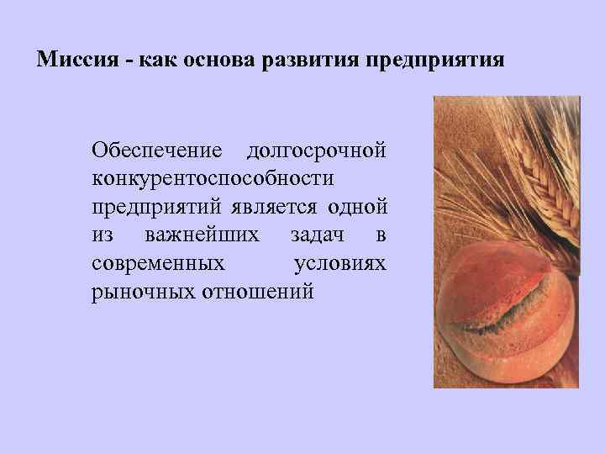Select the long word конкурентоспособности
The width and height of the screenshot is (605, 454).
(213, 178)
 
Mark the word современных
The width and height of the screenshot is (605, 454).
(158, 263)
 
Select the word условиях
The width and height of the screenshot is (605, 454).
(340, 263)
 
